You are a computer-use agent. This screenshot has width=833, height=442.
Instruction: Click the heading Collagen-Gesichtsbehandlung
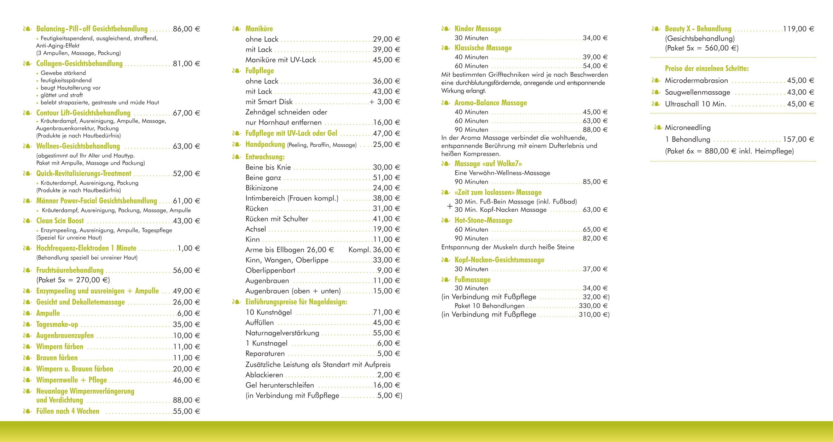[79, 64]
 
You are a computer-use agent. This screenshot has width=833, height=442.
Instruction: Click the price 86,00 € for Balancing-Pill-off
[186, 29]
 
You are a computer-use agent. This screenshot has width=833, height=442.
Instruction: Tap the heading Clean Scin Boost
[60, 221]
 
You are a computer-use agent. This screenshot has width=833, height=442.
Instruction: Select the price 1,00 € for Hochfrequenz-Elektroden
[188, 248]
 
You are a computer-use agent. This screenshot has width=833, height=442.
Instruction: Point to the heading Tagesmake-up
[57, 324]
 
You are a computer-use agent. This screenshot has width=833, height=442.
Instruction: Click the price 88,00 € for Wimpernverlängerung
[186, 400]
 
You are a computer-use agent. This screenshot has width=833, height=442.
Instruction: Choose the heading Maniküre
[259, 29]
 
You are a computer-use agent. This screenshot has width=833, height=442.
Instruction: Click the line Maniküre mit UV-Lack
[281, 60]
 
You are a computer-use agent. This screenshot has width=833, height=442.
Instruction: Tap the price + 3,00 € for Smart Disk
[385, 102]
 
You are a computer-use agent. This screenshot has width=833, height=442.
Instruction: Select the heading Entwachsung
[265, 157]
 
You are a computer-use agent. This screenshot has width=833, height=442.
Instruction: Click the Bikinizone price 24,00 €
[386, 188]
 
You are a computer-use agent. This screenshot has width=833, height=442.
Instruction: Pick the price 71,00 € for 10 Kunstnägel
[386, 312]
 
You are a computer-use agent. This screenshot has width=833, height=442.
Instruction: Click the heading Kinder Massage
[478, 29]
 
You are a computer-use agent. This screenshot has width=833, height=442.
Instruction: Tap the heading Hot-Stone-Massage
[483, 220]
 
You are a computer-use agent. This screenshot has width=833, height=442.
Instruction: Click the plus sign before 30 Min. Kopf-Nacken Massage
[449, 206]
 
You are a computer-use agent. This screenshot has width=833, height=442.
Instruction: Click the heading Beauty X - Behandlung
[698, 29]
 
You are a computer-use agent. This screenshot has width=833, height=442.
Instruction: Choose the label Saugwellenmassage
[697, 93]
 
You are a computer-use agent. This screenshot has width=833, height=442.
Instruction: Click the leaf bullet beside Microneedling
[658, 128]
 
